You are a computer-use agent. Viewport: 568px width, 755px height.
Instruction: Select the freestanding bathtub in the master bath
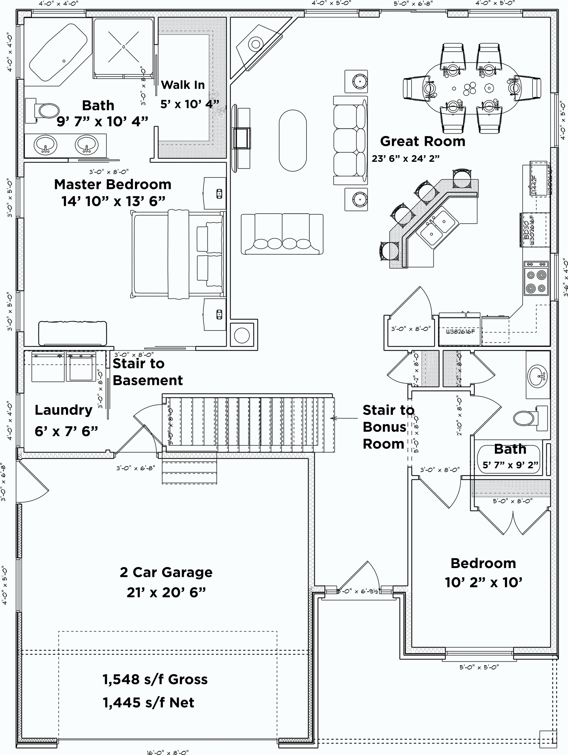[x=58, y=52]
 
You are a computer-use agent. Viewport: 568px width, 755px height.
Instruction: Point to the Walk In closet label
[x=183, y=85]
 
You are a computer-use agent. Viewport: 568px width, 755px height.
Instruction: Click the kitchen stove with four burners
[x=536, y=278]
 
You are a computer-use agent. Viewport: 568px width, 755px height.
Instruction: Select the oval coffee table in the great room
[x=293, y=140]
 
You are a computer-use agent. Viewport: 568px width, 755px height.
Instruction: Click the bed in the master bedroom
[x=177, y=255]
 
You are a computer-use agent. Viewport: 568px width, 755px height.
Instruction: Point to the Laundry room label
[x=64, y=410]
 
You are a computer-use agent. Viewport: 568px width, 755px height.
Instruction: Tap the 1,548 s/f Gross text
[x=155, y=679]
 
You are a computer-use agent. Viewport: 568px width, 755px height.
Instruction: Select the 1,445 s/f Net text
[x=149, y=702]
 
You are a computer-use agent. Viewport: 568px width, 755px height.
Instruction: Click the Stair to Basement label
[x=147, y=372]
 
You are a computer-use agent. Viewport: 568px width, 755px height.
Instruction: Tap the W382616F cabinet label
[x=460, y=331]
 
